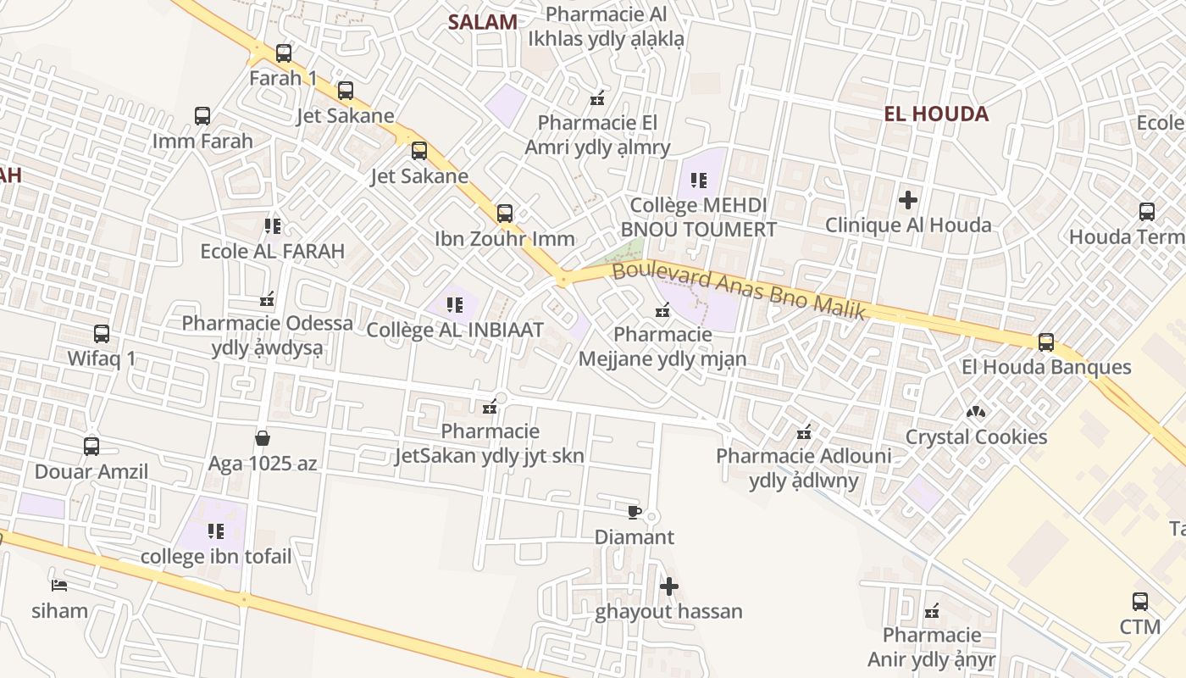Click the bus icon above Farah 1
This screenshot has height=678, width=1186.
[x=284, y=53]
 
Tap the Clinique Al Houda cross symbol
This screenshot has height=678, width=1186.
[x=908, y=200]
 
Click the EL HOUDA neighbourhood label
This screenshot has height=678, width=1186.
[x=936, y=114]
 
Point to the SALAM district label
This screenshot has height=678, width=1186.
[x=482, y=22]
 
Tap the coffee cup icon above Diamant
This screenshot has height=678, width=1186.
[x=634, y=512]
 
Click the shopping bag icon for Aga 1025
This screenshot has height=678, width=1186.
[x=263, y=438]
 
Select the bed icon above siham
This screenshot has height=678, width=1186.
[x=59, y=585]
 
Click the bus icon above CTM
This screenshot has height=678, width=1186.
[x=1140, y=602]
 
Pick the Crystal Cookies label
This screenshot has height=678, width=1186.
[x=976, y=436]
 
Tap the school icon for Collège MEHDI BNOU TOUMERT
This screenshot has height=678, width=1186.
[x=699, y=180]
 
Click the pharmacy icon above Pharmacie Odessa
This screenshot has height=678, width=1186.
[x=267, y=299]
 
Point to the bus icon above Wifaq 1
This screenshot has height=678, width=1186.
[x=102, y=334]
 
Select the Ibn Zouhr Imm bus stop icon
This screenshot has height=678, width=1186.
[x=505, y=213]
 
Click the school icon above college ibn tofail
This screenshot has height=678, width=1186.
[x=216, y=531]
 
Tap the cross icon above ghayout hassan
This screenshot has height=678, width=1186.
[x=669, y=586]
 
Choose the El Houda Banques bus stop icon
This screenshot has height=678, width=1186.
[x=1046, y=342]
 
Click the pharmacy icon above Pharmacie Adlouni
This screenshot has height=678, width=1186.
[x=804, y=433]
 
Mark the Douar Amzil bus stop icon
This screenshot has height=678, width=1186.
[x=91, y=446]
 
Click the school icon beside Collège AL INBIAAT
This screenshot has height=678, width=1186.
[x=455, y=304]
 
